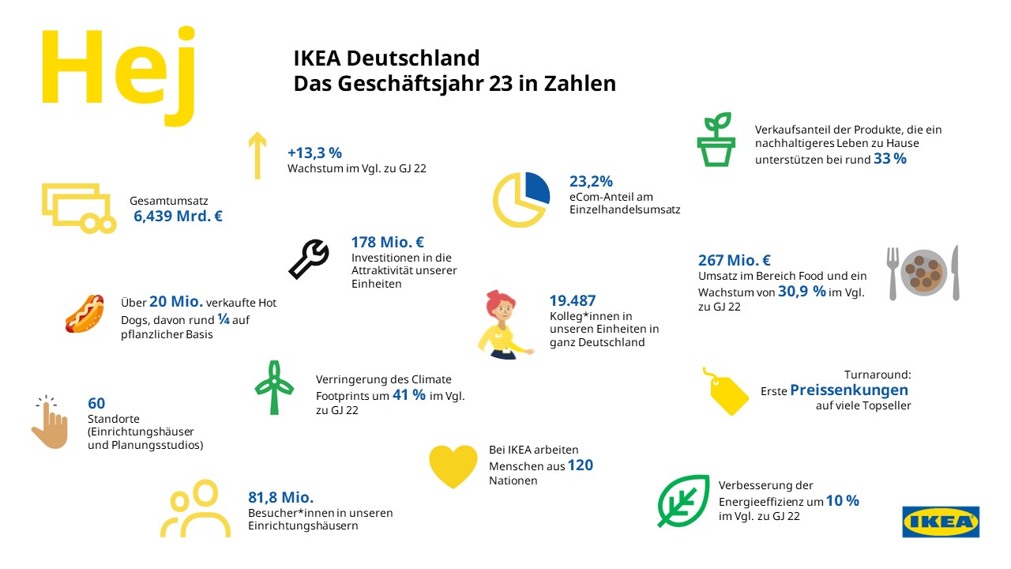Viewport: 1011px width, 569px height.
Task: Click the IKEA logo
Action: click(x=941, y=522)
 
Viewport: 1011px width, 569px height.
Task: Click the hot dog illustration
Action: click(x=85, y=313)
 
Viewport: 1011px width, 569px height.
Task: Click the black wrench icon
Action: click(x=309, y=258)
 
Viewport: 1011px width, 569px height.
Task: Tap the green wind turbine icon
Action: click(x=274, y=387)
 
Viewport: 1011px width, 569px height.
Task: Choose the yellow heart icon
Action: click(x=453, y=465)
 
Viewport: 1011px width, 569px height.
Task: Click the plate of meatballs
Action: click(x=925, y=272)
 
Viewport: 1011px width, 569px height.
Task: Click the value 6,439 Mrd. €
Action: click(x=178, y=216)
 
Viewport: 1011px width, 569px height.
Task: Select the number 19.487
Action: click(x=573, y=300)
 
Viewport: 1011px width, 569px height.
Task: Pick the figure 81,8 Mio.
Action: click(x=281, y=497)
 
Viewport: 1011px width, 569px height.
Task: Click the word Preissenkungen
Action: click(x=849, y=390)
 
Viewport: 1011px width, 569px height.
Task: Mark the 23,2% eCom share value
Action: click(x=591, y=181)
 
